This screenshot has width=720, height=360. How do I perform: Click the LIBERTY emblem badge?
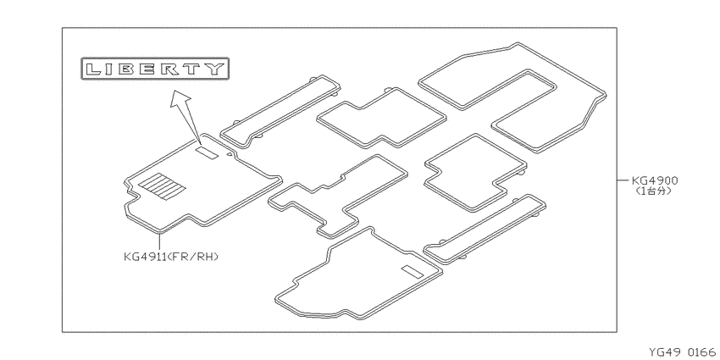155,69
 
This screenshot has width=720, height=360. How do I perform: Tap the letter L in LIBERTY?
94,69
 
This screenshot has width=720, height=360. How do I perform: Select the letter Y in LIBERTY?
216,69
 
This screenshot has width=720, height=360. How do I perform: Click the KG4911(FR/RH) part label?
171,257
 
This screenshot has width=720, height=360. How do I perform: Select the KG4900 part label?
654,180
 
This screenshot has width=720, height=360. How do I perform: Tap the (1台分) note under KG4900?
653,191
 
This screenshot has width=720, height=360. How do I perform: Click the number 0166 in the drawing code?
701,352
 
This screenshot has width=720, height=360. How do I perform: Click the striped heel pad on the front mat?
162,186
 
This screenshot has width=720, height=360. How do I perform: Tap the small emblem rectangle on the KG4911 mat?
208,152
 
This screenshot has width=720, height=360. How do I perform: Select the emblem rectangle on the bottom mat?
412,272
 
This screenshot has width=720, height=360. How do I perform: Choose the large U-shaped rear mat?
512,97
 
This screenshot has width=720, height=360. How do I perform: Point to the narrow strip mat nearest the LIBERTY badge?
280,112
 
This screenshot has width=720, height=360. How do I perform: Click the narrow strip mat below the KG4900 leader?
485,230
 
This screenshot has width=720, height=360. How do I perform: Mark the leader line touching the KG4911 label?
160,242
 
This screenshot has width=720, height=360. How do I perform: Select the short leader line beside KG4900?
623,180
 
